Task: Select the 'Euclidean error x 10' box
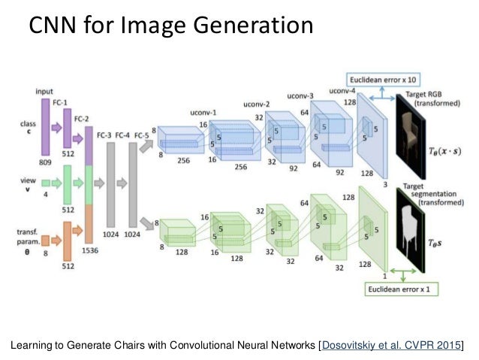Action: click(382, 79)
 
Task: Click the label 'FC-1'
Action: click(68, 100)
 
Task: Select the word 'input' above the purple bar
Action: click(44, 91)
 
